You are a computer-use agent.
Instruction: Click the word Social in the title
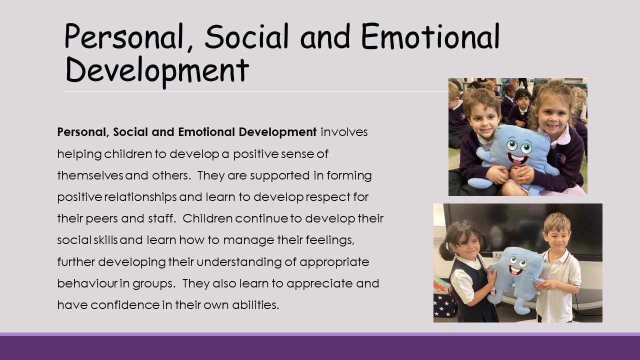tap(246, 36)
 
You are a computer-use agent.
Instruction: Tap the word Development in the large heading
tap(156, 70)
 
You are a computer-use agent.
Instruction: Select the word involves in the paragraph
tap(344, 132)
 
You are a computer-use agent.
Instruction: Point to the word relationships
tap(140, 197)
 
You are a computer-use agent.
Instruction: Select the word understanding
tap(239, 262)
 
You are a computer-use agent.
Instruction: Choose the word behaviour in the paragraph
tap(87, 283)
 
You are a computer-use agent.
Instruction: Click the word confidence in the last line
tap(125, 305)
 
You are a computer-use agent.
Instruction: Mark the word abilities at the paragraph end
tap(255, 305)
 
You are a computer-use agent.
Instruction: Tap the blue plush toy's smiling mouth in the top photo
tap(517, 158)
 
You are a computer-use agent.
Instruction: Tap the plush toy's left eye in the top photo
tap(511, 145)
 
